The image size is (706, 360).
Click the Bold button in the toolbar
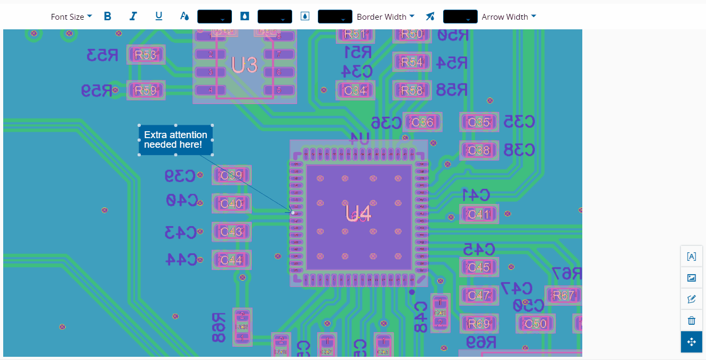pos(108,17)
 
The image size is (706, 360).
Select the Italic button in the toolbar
pos(133,17)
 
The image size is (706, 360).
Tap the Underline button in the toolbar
pos(159,17)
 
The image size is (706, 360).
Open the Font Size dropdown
pos(71,17)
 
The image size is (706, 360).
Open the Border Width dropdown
pos(386,17)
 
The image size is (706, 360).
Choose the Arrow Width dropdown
pos(509,17)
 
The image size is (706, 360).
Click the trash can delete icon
pos(692,321)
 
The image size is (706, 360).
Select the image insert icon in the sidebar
pos(692,278)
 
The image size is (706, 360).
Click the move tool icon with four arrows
pos(692,342)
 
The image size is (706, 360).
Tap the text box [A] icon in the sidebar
pos(692,257)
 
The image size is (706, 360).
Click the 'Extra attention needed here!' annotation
pos(176,140)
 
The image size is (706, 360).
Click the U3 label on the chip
pos(244,65)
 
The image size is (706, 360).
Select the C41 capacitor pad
pos(478,214)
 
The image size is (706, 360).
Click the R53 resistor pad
pos(146,55)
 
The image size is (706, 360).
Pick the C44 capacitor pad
pos(231,260)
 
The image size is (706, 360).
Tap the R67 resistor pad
pos(564,295)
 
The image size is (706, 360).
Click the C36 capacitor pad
pos(422,122)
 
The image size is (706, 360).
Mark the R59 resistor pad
pos(146,91)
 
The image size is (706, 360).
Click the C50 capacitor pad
pos(535,324)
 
